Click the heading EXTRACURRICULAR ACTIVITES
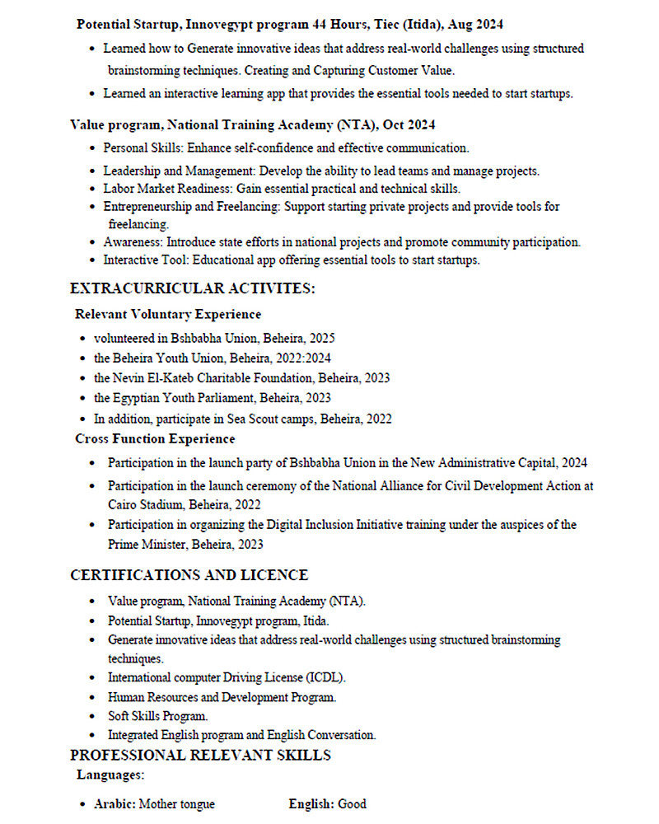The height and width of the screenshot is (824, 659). pyautogui.click(x=193, y=288)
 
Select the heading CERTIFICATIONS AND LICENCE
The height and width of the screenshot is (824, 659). pyautogui.click(x=189, y=575)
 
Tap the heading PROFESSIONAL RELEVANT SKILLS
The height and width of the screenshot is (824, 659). pyautogui.click(x=200, y=755)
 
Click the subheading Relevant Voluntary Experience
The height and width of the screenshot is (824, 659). pyautogui.click(x=168, y=314)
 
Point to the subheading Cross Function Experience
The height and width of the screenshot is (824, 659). pyautogui.click(x=155, y=438)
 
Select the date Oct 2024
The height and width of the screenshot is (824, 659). pyautogui.click(x=409, y=125)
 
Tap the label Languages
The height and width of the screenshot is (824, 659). pyautogui.click(x=110, y=775)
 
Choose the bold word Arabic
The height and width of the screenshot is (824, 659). pyautogui.click(x=115, y=803)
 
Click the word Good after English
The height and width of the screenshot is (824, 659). pyautogui.click(x=352, y=803)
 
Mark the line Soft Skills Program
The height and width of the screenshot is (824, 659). pyautogui.click(x=158, y=716)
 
